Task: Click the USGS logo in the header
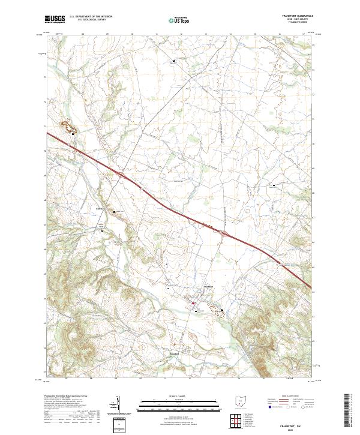pyautogui.click(x=54, y=19)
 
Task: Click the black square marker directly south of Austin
pyautogui.click(x=102, y=230)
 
